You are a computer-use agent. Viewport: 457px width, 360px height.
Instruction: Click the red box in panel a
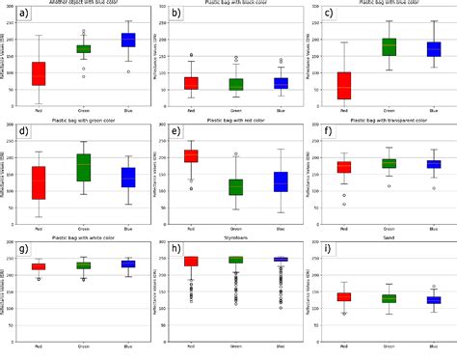(x=39, y=73)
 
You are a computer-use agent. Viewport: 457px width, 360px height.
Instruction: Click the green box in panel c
(x=363, y=46)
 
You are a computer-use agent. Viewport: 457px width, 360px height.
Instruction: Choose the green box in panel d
(x=83, y=168)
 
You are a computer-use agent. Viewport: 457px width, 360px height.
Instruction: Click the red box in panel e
(x=191, y=156)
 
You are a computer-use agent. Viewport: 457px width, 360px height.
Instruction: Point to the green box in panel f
(x=363, y=164)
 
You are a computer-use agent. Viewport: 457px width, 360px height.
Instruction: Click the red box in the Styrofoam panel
(x=191, y=261)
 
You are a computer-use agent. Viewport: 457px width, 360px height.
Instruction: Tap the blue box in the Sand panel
(x=407, y=300)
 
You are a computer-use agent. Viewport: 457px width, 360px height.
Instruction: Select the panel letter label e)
(x=175, y=132)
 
